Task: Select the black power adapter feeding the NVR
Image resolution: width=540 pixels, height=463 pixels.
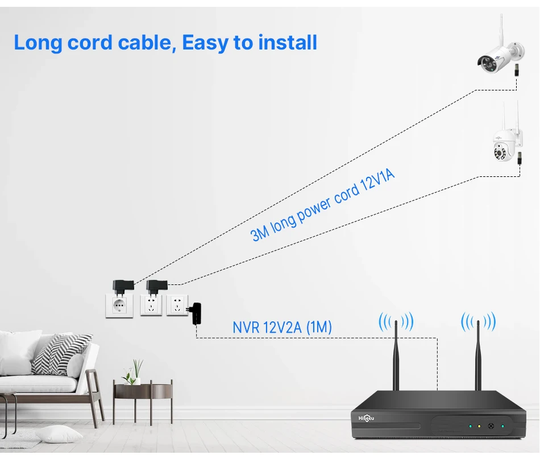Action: coord(197,313)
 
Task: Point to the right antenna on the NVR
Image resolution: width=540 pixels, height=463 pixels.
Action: coord(478,355)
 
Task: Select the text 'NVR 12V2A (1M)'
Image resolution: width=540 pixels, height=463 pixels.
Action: coord(282,328)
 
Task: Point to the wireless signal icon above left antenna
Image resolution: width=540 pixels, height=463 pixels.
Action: coord(396,322)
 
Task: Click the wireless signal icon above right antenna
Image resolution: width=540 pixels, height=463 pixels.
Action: coord(478,322)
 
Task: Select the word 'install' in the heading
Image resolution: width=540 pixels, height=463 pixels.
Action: coord(288,43)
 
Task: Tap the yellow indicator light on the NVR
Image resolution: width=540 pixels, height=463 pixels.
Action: coord(479,426)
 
